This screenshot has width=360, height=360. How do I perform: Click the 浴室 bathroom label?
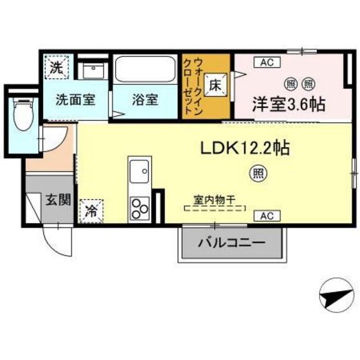tap(145, 100)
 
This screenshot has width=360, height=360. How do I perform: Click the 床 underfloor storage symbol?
tap(216, 82)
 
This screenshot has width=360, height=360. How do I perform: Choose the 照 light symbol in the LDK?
tap(255, 172)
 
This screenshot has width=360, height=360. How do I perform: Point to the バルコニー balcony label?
tap(231, 244)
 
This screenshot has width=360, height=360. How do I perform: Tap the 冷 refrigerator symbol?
tap(92, 210)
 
